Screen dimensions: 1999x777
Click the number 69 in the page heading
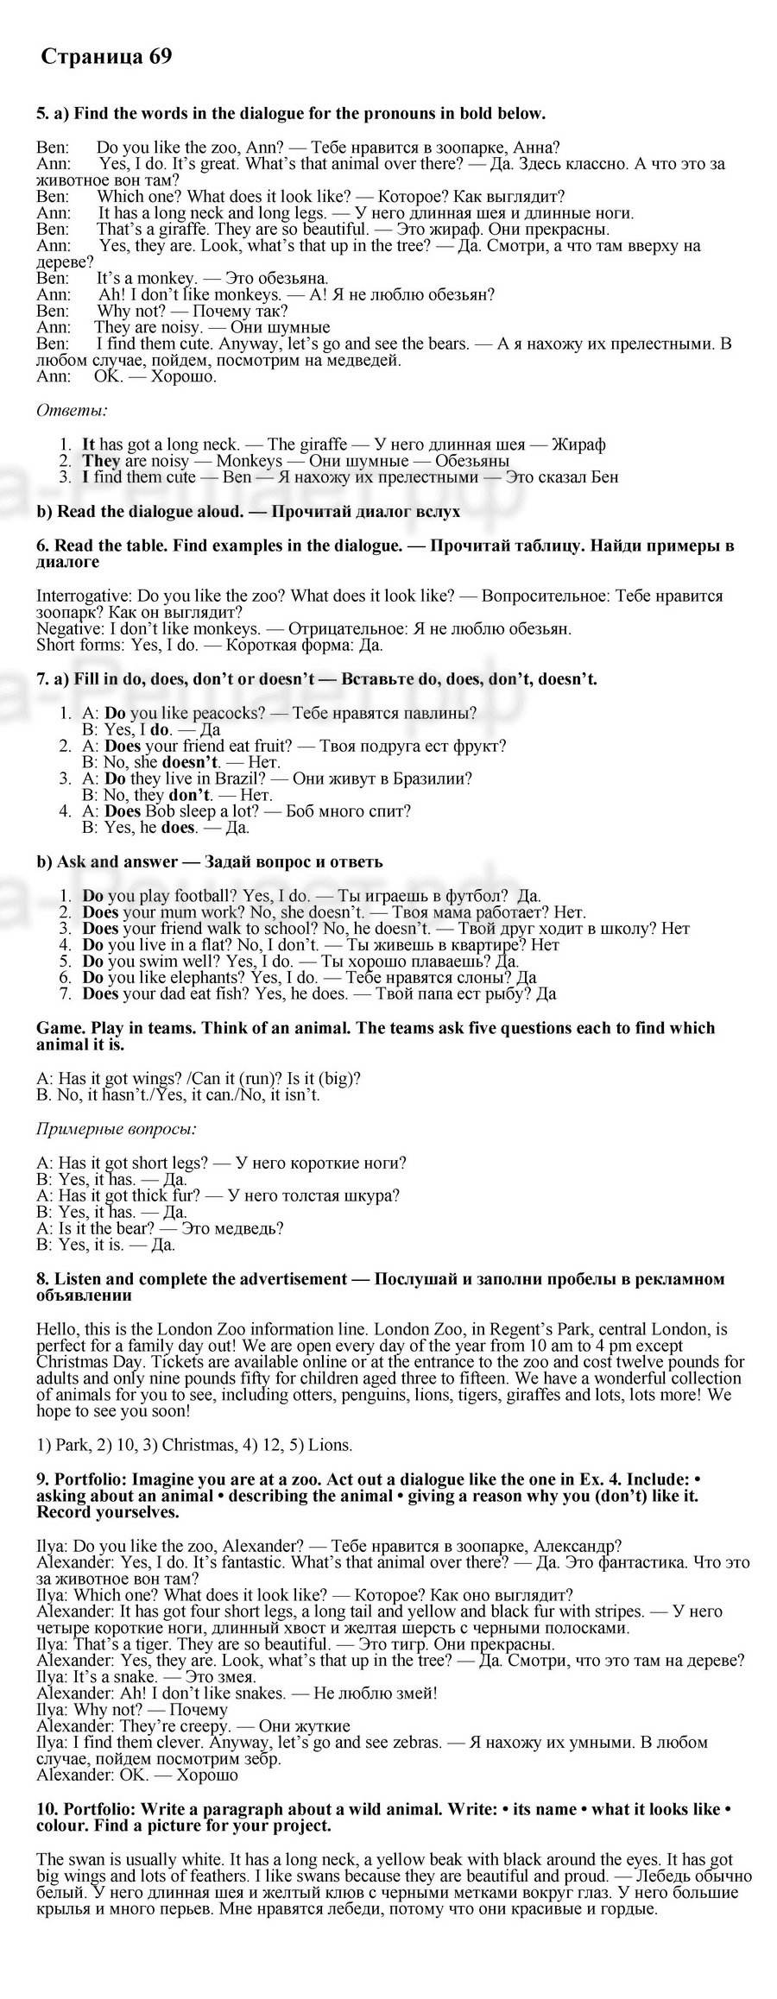point(161,57)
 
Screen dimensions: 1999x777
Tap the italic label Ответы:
point(72,411)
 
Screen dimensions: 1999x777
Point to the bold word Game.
point(56,1027)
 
